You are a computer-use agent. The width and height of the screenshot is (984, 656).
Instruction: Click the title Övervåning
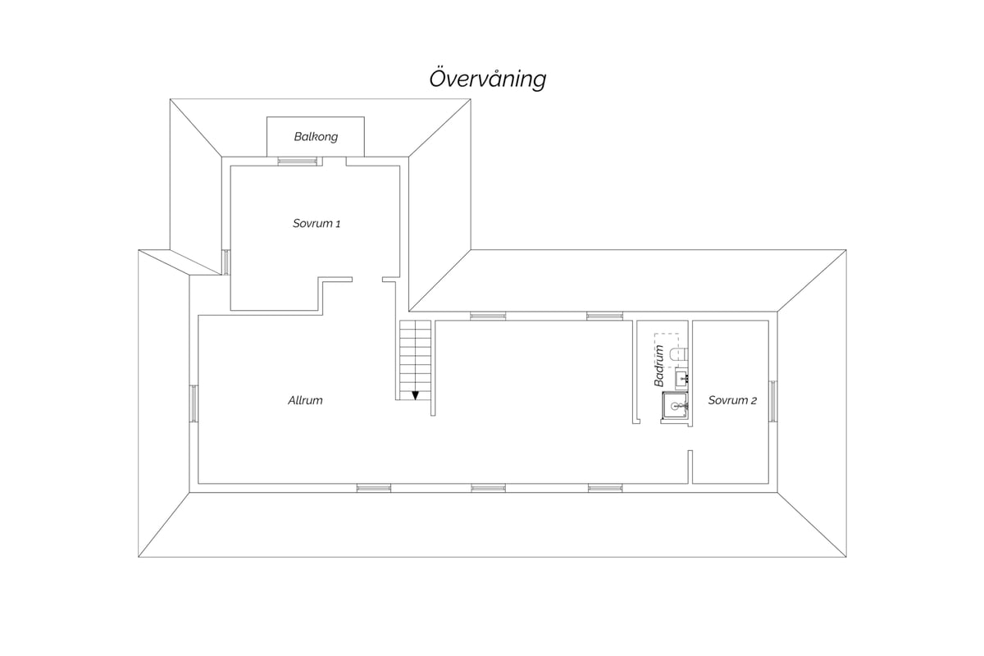[x=488, y=80]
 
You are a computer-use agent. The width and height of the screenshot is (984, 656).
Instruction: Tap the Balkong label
[x=316, y=137]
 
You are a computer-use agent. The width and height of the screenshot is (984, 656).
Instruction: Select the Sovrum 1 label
[x=317, y=223]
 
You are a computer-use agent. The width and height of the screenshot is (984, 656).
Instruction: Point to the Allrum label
[x=305, y=400]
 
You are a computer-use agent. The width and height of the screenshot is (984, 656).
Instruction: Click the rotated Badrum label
[x=659, y=366]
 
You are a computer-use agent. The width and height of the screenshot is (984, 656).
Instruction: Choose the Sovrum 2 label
[x=732, y=400]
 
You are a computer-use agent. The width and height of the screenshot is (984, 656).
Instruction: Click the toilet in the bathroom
[x=679, y=354]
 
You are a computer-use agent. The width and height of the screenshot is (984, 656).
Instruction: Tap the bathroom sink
[x=681, y=379]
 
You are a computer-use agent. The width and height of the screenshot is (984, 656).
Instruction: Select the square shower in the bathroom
[x=675, y=406]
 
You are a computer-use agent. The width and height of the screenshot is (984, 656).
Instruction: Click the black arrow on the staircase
[x=415, y=395]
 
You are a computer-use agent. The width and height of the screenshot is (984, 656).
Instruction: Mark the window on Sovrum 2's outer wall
[x=773, y=401]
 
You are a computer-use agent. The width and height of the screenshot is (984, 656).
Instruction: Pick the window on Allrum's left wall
[x=194, y=403]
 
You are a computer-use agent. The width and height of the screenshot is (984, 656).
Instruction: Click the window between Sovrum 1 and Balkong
[x=298, y=162]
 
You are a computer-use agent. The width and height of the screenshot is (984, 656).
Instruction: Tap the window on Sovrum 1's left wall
[x=225, y=262]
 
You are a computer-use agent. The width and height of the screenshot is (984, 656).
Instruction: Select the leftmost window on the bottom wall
[x=374, y=488]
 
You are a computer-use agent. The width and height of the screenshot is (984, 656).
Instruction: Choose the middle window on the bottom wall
[x=489, y=488]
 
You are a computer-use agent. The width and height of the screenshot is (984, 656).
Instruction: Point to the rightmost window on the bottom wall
[x=605, y=488]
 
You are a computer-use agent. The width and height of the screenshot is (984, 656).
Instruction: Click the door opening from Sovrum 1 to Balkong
[x=335, y=162]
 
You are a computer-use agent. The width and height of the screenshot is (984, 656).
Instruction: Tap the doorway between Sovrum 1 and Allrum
[x=367, y=280]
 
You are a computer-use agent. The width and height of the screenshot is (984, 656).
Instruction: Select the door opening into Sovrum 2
[x=690, y=438]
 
